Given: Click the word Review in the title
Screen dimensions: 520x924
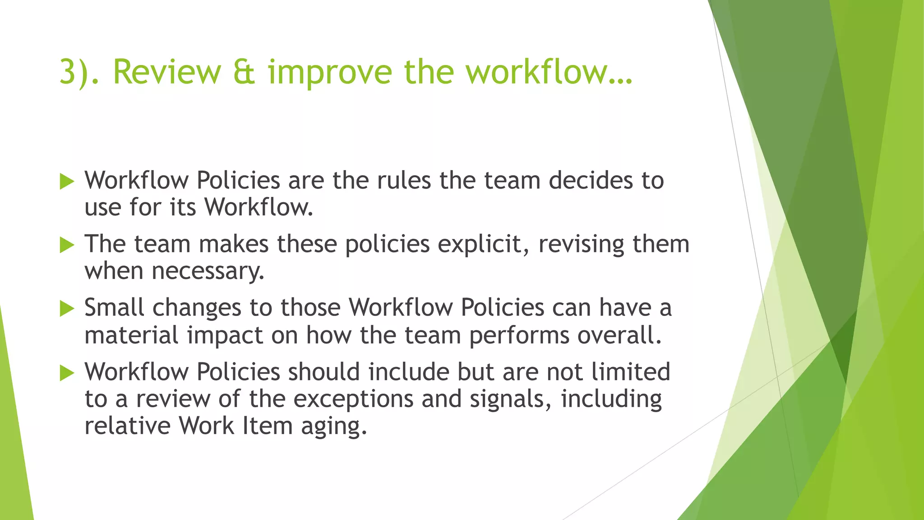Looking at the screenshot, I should point(167,72).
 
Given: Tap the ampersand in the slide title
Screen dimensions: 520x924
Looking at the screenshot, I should point(245,72).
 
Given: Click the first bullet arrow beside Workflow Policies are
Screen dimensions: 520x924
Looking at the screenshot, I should point(67,182).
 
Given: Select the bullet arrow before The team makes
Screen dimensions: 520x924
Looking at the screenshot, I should point(67,246).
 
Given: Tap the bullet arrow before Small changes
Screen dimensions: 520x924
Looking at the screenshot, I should point(67,309).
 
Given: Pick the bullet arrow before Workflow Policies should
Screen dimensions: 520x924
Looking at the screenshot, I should point(67,373).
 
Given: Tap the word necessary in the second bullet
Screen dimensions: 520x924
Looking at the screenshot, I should point(208,272).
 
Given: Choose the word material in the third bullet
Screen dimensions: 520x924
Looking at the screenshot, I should point(131,335).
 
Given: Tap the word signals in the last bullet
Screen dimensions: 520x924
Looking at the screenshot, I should point(510,399).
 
